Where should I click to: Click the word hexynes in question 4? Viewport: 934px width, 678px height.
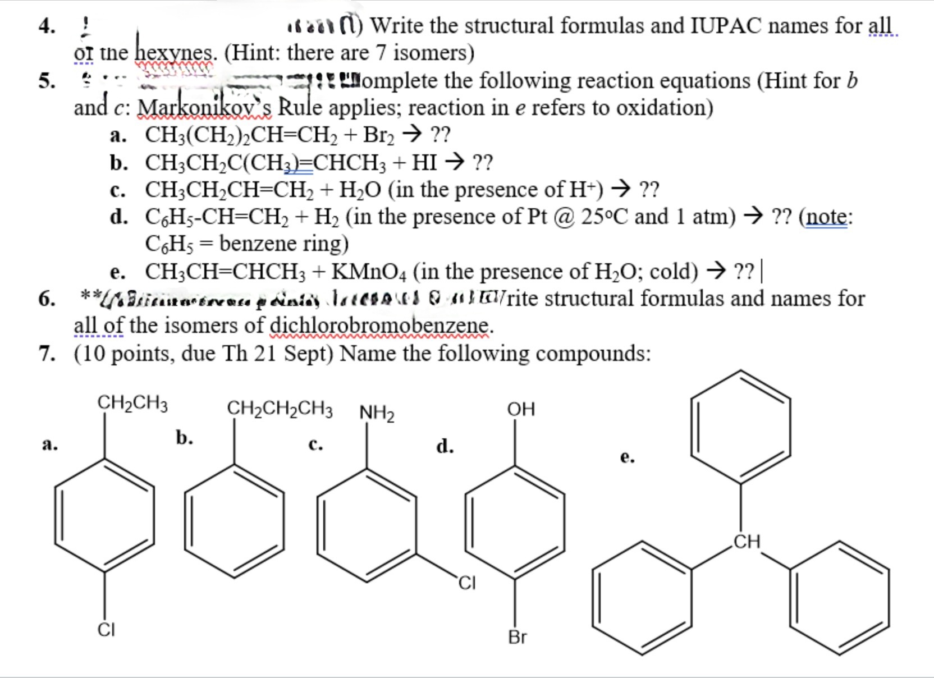point(176,53)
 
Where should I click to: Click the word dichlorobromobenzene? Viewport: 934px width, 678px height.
point(380,326)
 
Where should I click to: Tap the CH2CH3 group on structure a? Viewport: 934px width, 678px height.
point(132,403)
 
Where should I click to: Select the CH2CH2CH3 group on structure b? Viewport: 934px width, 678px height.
point(280,408)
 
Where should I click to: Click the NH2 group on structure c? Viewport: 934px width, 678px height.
point(376,414)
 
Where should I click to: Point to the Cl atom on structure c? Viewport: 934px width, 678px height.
point(466,584)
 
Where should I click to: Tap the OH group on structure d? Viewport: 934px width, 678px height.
point(521,409)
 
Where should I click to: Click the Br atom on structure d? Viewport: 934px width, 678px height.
point(517,637)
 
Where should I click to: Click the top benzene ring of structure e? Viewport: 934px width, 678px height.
point(740,427)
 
